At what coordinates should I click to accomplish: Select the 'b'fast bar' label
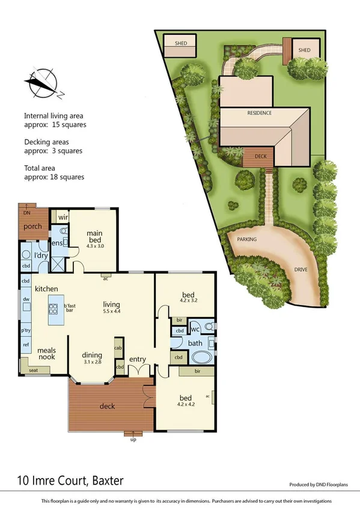70,308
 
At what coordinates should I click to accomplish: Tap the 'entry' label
138,360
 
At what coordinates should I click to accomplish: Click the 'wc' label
195,330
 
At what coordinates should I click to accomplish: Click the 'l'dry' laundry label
40,256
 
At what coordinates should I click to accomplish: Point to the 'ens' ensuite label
57,243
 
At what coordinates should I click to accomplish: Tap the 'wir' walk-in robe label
62,217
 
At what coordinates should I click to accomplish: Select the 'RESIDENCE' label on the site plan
259,112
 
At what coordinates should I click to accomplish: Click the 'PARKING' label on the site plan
246,239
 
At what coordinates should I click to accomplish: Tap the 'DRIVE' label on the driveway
300,269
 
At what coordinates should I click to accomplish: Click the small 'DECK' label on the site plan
260,156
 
